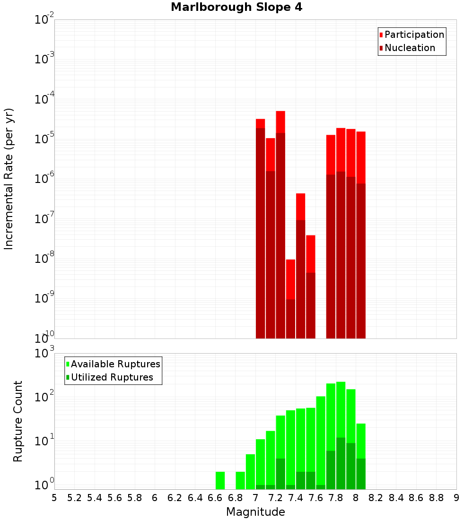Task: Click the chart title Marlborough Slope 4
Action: click(x=236, y=8)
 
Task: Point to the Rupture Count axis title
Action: click(x=18, y=421)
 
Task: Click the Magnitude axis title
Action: click(x=255, y=512)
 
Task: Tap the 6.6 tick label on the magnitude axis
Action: click(x=215, y=498)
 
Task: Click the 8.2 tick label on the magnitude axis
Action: click(x=376, y=498)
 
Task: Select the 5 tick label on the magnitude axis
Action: click(x=54, y=498)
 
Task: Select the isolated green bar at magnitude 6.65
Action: click(x=220, y=480)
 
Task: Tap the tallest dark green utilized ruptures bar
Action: click(x=341, y=463)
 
